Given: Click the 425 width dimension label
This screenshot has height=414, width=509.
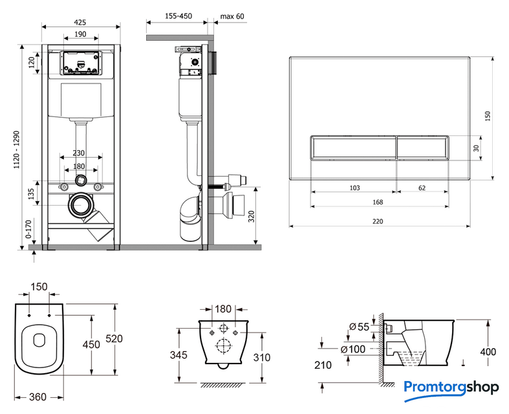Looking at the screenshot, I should (x=81, y=22).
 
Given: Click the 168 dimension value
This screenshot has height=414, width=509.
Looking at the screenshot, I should (x=378, y=202).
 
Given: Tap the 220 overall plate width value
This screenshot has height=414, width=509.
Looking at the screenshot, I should (x=378, y=221).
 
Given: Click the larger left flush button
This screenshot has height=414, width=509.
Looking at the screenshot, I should (x=352, y=147).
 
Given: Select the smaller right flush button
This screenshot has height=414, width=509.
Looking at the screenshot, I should (x=422, y=147).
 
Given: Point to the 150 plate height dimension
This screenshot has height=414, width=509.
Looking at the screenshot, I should (x=488, y=116).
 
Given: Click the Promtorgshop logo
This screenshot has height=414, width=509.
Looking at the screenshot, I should (x=451, y=387).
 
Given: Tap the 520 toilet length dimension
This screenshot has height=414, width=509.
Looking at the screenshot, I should (x=114, y=339).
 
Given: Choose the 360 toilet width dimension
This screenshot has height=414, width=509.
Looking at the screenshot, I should (x=38, y=397).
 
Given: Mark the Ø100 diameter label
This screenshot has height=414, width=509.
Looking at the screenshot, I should (x=360, y=350).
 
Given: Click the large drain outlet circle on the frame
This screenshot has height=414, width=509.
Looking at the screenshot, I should (x=81, y=206).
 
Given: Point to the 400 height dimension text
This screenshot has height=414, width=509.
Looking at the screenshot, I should (x=488, y=352).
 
